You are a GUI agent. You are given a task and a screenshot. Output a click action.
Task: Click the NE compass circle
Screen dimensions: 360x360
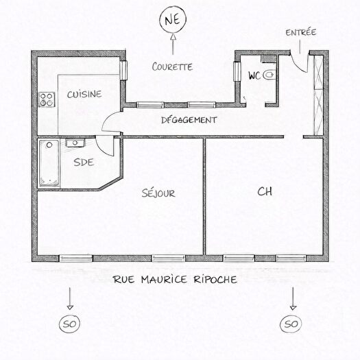[171, 21]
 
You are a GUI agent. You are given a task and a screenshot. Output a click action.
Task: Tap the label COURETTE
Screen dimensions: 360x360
[171, 67]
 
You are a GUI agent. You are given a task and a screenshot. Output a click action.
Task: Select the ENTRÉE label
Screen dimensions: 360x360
[301, 32]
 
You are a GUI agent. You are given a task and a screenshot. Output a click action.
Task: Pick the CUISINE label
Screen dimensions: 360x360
[85, 95]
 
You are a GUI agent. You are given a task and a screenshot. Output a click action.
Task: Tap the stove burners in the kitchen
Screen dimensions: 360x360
[47, 99]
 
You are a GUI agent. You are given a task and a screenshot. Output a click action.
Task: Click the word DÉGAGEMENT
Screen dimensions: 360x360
[189, 119]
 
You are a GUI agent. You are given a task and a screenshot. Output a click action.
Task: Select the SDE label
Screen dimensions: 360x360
[83, 163]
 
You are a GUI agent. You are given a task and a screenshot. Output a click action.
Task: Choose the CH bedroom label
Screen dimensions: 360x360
[264, 192]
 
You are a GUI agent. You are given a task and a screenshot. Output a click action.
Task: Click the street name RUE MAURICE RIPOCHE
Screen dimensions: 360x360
[176, 280]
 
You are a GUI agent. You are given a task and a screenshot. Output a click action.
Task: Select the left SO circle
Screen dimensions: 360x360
[69, 323]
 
